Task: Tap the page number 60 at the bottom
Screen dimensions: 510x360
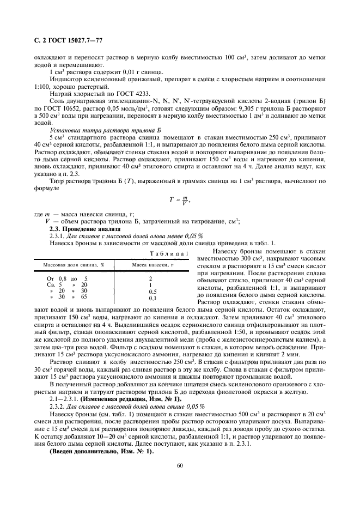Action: coord(180,465)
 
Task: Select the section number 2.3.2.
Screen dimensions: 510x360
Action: coord(58,408)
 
